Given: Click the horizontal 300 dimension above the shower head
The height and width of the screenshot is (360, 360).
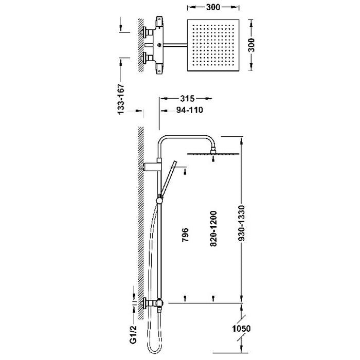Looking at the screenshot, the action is click(213, 7).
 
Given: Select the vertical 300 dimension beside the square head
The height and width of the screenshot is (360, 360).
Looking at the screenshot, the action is click(251, 45).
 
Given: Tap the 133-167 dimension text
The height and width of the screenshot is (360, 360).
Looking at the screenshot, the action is click(121, 99).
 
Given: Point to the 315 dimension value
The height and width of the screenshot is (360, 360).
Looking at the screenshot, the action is click(187, 99).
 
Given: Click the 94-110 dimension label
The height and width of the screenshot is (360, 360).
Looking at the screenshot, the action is click(190, 110).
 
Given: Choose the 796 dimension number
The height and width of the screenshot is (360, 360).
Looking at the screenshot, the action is click(185, 235).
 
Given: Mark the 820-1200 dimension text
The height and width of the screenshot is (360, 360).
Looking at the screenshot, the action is click(213, 229).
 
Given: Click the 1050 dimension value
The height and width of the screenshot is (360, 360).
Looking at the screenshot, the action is click(241, 329).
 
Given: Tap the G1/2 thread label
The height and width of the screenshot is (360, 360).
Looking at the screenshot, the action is click(133, 334).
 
